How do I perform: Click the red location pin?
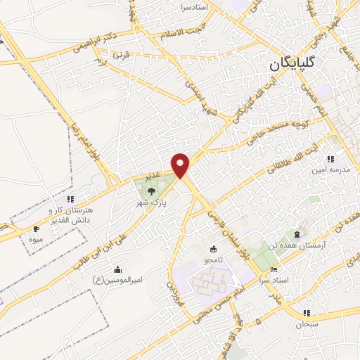click(x=181, y=165)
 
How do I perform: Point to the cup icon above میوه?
click(x=36, y=229)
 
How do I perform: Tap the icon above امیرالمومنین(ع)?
click(x=117, y=269)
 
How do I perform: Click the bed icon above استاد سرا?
click(x=274, y=270)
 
